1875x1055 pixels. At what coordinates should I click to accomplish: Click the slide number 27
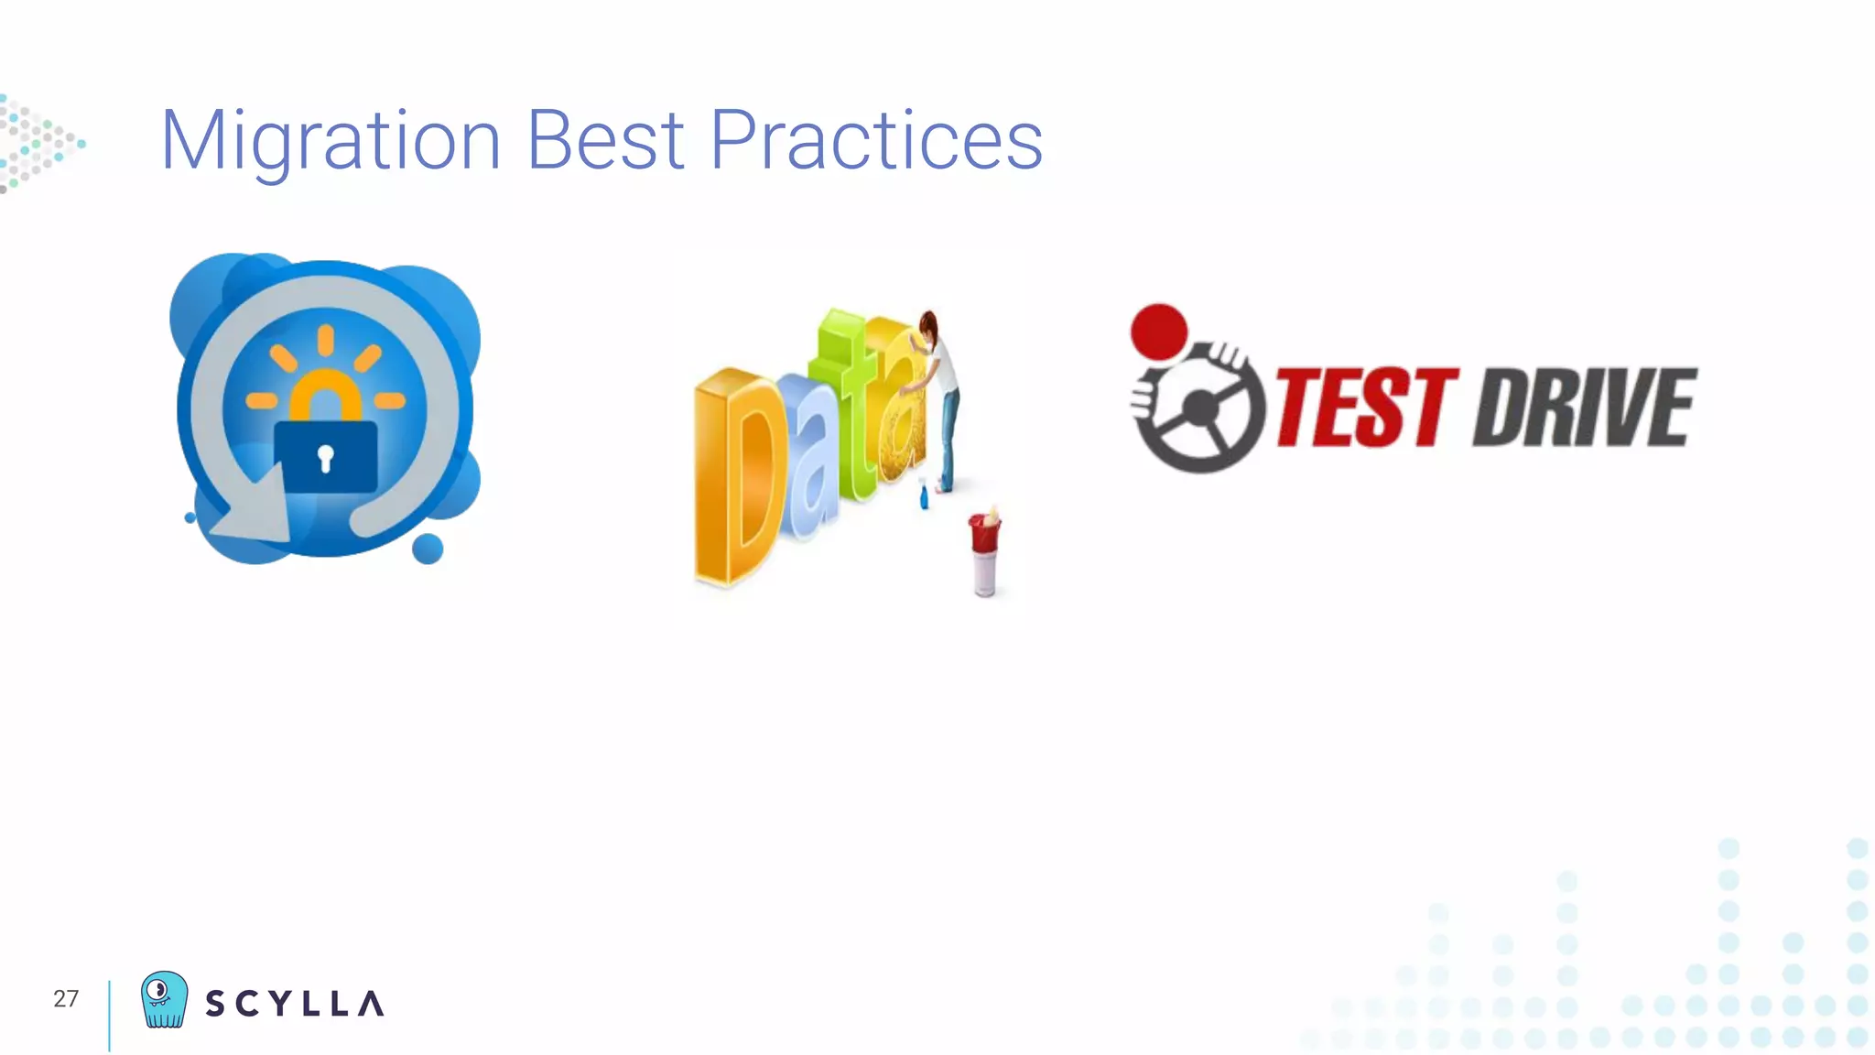pyautogui.click(x=66, y=998)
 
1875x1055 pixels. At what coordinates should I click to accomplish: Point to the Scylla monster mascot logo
pyautogui.click(x=164, y=999)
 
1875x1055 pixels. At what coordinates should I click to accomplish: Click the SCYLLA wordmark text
pyautogui.click(x=294, y=1004)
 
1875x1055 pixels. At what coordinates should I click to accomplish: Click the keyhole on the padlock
pyautogui.click(x=325, y=457)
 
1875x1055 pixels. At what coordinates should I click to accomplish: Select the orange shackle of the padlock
pyautogui.click(x=325, y=394)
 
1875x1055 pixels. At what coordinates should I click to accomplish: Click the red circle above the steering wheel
pyautogui.click(x=1159, y=332)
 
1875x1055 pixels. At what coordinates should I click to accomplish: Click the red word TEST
pyautogui.click(x=1365, y=408)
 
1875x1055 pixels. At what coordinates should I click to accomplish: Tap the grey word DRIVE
pyautogui.click(x=1585, y=408)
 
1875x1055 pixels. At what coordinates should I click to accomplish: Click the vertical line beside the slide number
pyautogui.click(x=109, y=1015)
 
